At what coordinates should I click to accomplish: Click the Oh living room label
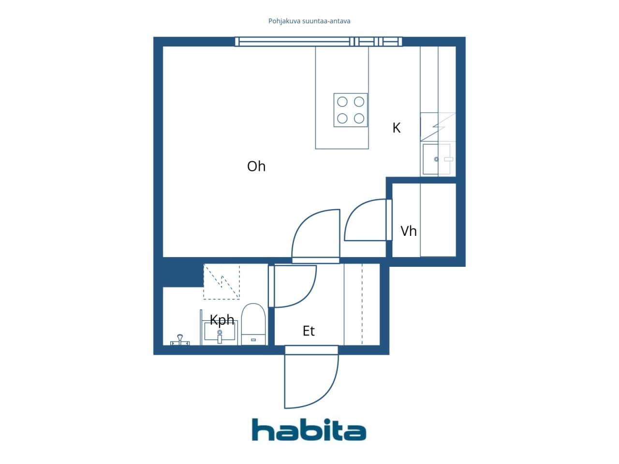click(256, 166)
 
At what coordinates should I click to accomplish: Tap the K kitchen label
click(396, 128)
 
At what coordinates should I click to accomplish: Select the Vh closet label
click(408, 231)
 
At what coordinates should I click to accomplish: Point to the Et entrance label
click(309, 331)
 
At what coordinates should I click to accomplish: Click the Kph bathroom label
click(222, 320)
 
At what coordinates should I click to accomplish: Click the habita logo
click(309, 429)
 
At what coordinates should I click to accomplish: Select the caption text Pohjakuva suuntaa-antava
click(309, 21)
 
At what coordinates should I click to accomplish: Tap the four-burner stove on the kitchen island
click(351, 110)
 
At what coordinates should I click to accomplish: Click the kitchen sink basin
click(436, 159)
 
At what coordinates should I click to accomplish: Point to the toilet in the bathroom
click(253, 324)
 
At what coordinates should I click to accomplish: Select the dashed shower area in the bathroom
click(221, 281)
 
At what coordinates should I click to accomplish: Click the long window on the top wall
click(319, 42)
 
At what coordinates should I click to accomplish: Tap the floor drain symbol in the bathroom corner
click(179, 340)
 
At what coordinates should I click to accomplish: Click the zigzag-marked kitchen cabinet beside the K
click(438, 127)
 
